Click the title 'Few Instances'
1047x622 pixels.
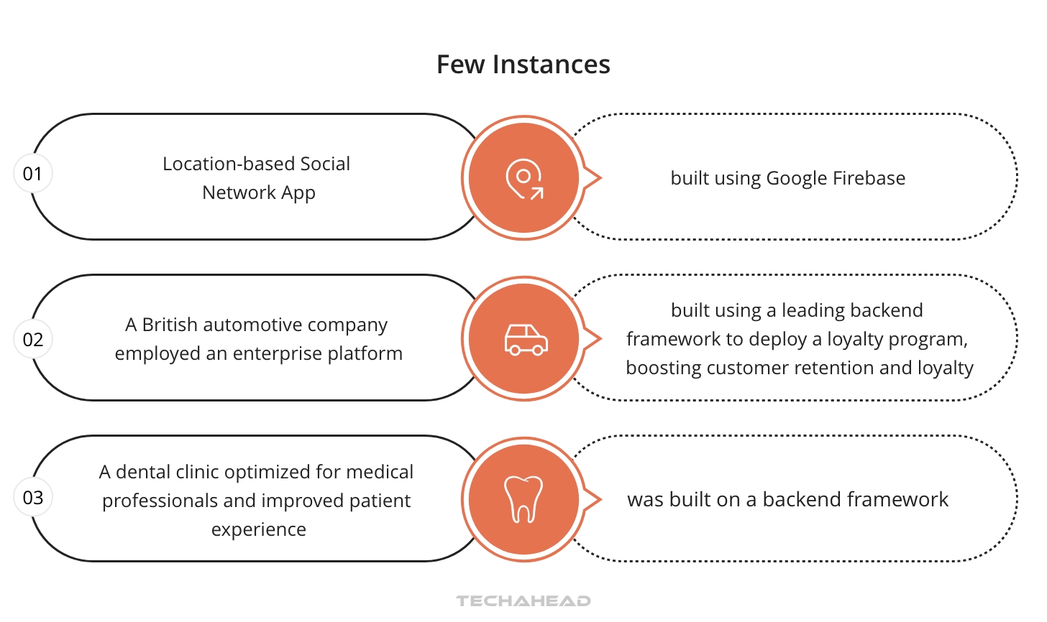pyautogui.click(x=523, y=65)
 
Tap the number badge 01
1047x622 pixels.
pyautogui.click(x=33, y=174)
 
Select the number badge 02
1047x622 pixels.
pyautogui.click(x=33, y=340)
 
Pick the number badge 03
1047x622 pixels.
pyautogui.click(x=33, y=498)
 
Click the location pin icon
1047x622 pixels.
pyautogui.click(x=523, y=178)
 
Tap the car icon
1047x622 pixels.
pyautogui.click(x=526, y=339)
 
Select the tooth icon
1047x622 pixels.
pyautogui.click(x=523, y=498)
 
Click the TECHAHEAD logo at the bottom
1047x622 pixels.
pyautogui.click(x=523, y=601)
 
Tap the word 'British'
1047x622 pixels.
pyautogui.click(x=170, y=325)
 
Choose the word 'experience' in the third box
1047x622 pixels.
pyautogui.click(x=258, y=529)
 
